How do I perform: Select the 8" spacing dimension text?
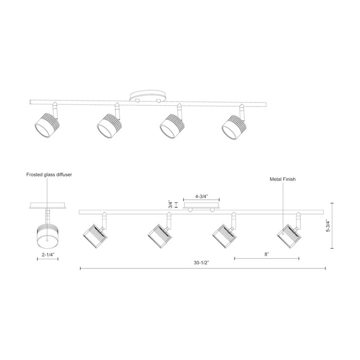coord(267,254)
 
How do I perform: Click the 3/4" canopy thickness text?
coord(170,206)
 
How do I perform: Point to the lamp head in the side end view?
coord(47,234)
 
